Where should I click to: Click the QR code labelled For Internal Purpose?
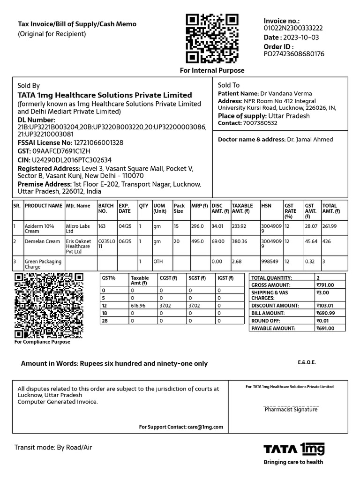212,38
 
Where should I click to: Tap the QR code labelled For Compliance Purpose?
49,306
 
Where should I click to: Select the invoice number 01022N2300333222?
293,28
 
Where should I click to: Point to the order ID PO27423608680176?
294,54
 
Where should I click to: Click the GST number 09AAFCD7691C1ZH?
61,151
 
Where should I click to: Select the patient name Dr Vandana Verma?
286,93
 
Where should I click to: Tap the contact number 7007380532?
260,123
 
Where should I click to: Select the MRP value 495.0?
197,241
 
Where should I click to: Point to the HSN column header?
266,205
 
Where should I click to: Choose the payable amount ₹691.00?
325,328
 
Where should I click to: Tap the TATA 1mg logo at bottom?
294,450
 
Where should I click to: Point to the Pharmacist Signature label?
291,409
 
